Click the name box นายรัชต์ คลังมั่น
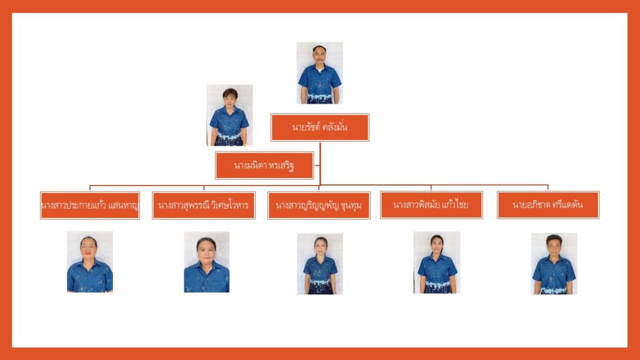319,127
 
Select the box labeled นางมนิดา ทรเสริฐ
264,166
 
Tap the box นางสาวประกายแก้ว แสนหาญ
89,205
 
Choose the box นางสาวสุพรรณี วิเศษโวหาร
204,205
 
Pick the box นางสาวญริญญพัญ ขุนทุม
319,205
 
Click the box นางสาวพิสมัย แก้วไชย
431,204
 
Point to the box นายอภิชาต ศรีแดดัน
548,204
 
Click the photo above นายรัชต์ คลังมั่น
319,72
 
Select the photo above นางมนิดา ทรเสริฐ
229,115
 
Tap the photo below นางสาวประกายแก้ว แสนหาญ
90,262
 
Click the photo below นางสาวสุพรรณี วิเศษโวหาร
206,262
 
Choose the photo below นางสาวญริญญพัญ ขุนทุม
319,264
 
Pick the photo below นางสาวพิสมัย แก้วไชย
437,262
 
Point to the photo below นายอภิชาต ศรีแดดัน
554,263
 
